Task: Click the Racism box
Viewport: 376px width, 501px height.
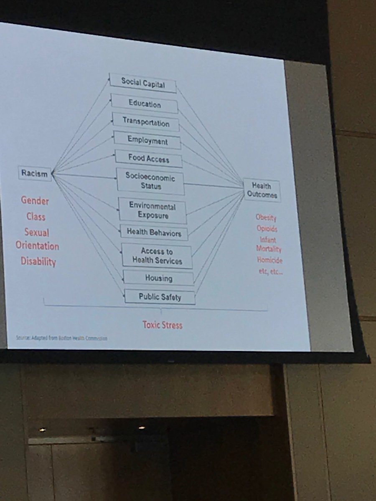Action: pos(35,173)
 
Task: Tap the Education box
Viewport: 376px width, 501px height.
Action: pos(145,104)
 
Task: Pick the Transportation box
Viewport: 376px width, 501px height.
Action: pos(146,122)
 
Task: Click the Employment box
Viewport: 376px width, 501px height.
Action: pos(147,141)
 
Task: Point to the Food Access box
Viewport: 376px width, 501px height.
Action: pos(149,159)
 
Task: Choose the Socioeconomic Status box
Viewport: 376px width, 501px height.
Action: pos(150,182)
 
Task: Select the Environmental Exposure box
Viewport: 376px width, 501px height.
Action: pos(152,210)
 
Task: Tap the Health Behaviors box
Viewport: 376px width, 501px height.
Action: pos(154,233)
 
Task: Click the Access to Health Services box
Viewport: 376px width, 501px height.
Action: pos(157,256)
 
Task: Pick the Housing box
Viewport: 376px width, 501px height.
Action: pos(159,278)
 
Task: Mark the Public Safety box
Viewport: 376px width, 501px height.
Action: pos(160,297)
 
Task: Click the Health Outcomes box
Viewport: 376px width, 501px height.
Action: pos(262,190)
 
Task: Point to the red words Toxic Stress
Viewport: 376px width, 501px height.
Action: pos(162,324)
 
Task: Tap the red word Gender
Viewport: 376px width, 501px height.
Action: pos(35,201)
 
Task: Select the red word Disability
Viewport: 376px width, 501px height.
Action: pos(38,261)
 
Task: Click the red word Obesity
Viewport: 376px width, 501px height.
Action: pos(266,218)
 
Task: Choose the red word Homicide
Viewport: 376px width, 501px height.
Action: pos(269,260)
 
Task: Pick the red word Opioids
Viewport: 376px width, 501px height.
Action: pos(267,229)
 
